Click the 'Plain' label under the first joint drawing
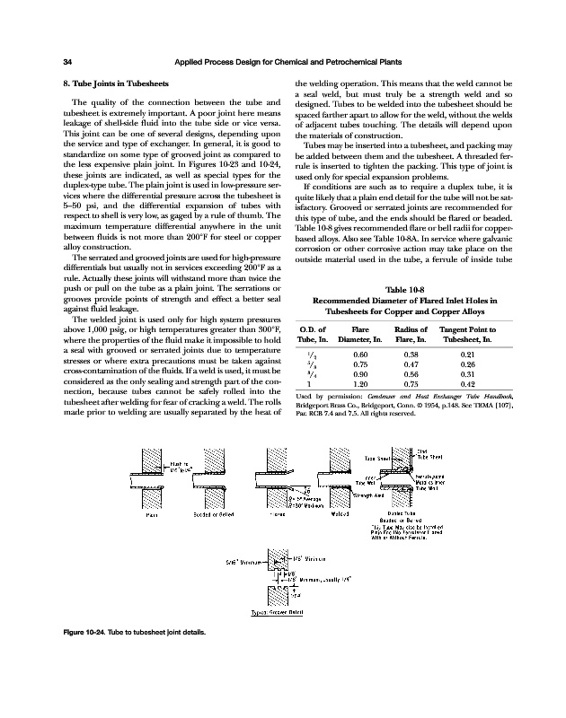coord(154,514)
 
